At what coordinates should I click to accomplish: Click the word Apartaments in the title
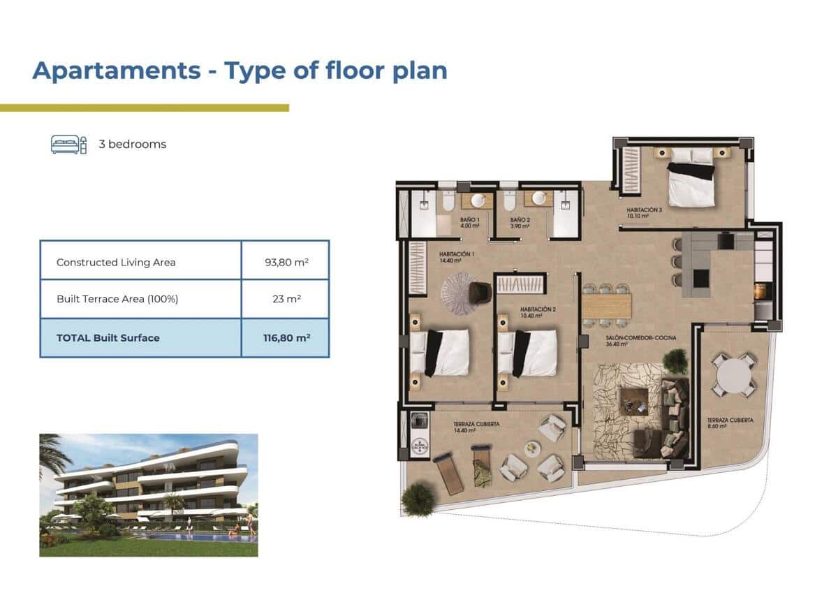[x=116, y=71]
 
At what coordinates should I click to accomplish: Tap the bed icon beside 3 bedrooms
[x=68, y=145]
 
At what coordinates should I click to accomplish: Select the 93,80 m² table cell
[x=285, y=263]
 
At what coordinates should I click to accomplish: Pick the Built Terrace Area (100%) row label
[x=117, y=299]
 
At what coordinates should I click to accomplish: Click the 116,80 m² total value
[x=285, y=337]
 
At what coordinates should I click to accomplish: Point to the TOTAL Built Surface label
[x=108, y=337]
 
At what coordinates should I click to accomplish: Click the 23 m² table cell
[x=285, y=299]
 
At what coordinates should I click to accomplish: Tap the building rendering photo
[x=149, y=495]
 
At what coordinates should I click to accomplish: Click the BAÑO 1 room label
[x=469, y=223]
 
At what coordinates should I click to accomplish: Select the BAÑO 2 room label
[x=520, y=223]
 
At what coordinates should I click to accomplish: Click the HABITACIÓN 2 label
[x=538, y=312]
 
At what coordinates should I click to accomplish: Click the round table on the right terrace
[x=733, y=374]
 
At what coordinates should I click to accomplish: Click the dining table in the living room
[x=606, y=305]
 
